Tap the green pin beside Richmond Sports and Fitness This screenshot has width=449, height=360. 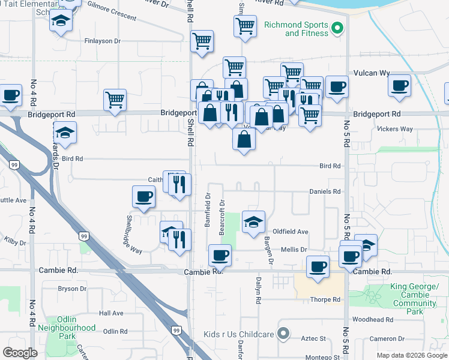click(x=337, y=27)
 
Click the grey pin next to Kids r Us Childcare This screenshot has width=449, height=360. click(x=285, y=334)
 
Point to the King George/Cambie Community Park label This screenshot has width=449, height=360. click(x=414, y=299)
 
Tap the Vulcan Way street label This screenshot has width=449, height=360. click(x=372, y=73)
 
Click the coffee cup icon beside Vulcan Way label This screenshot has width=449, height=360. click(x=399, y=85)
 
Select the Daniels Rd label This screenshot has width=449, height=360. click(x=325, y=191)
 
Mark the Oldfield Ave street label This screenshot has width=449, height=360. click(x=291, y=232)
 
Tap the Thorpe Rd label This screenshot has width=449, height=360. click(x=325, y=299)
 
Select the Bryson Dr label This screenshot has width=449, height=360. click(x=73, y=289)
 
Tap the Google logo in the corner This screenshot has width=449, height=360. click(x=20, y=353)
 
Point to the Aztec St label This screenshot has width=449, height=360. click(x=313, y=339)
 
